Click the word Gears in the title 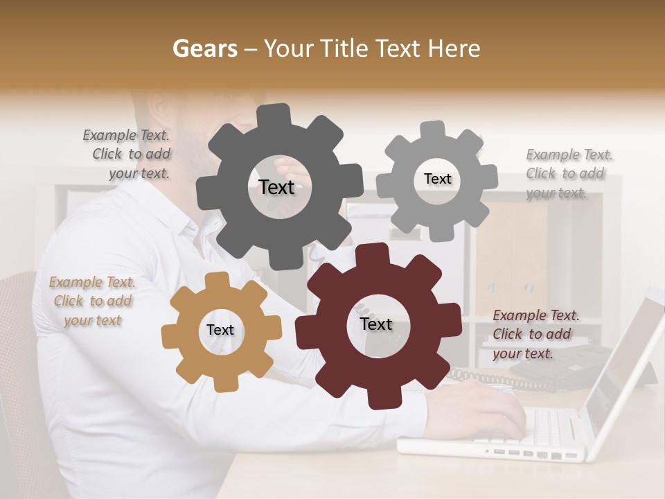(x=204, y=49)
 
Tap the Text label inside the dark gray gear (x=276, y=187)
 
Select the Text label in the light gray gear (x=437, y=179)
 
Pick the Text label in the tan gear (x=220, y=331)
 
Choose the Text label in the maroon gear (x=376, y=324)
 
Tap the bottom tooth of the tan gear (x=223, y=382)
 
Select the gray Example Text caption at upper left (x=127, y=155)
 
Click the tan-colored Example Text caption (x=92, y=301)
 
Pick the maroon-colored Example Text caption (x=535, y=334)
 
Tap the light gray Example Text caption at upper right (x=568, y=173)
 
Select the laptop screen (x=623, y=360)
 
